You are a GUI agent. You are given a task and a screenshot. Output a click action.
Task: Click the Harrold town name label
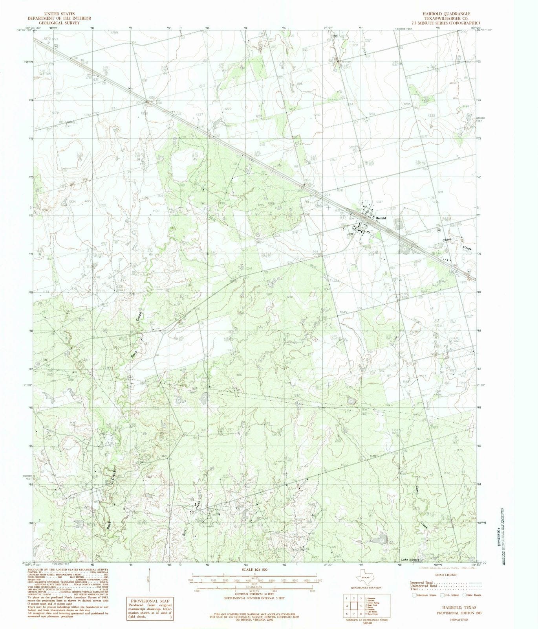[381, 218]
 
